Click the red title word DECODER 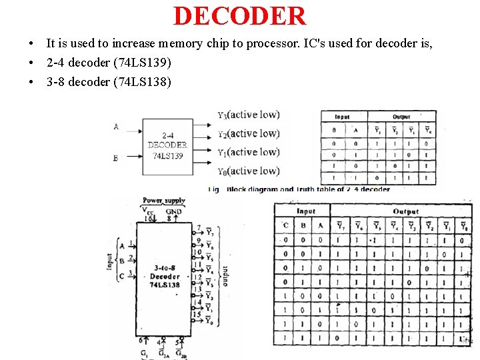(x=239, y=16)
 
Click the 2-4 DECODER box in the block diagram (x=167, y=145)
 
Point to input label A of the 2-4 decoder (x=116, y=127)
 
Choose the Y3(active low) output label (x=249, y=115)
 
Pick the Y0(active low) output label (x=249, y=171)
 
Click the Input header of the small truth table (x=343, y=117)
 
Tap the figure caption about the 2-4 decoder (x=300, y=189)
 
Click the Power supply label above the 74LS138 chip (x=164, y=200)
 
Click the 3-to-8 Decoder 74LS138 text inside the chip (x=164, y=276)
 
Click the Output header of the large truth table (x=405, y=211)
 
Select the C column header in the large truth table (x=286, y=225)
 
